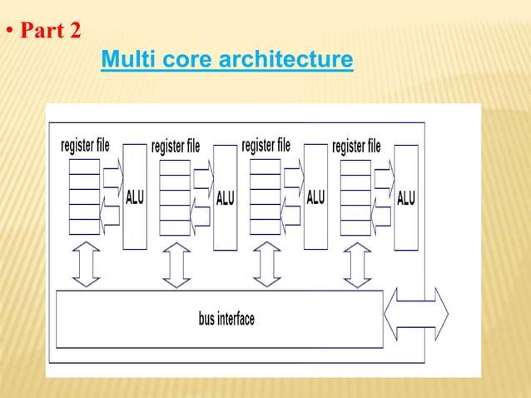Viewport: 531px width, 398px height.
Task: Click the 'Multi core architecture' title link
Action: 226,61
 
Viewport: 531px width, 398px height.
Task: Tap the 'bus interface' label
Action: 226,319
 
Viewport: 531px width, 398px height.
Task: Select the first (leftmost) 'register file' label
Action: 85,145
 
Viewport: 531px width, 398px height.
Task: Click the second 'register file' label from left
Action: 176,147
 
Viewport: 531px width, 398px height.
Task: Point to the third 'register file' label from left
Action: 265,145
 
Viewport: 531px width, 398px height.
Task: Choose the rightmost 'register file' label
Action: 356,147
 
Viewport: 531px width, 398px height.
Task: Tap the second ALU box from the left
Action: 226,197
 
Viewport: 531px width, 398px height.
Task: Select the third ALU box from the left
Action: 315,197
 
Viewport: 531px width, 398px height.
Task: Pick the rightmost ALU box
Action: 406,197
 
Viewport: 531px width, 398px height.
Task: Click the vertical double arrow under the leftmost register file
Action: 86,264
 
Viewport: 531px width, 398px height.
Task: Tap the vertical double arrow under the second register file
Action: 176,265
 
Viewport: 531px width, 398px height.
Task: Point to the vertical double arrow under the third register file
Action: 266,264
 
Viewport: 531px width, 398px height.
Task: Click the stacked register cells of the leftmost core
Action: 84,196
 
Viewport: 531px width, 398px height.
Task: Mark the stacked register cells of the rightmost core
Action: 355,197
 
